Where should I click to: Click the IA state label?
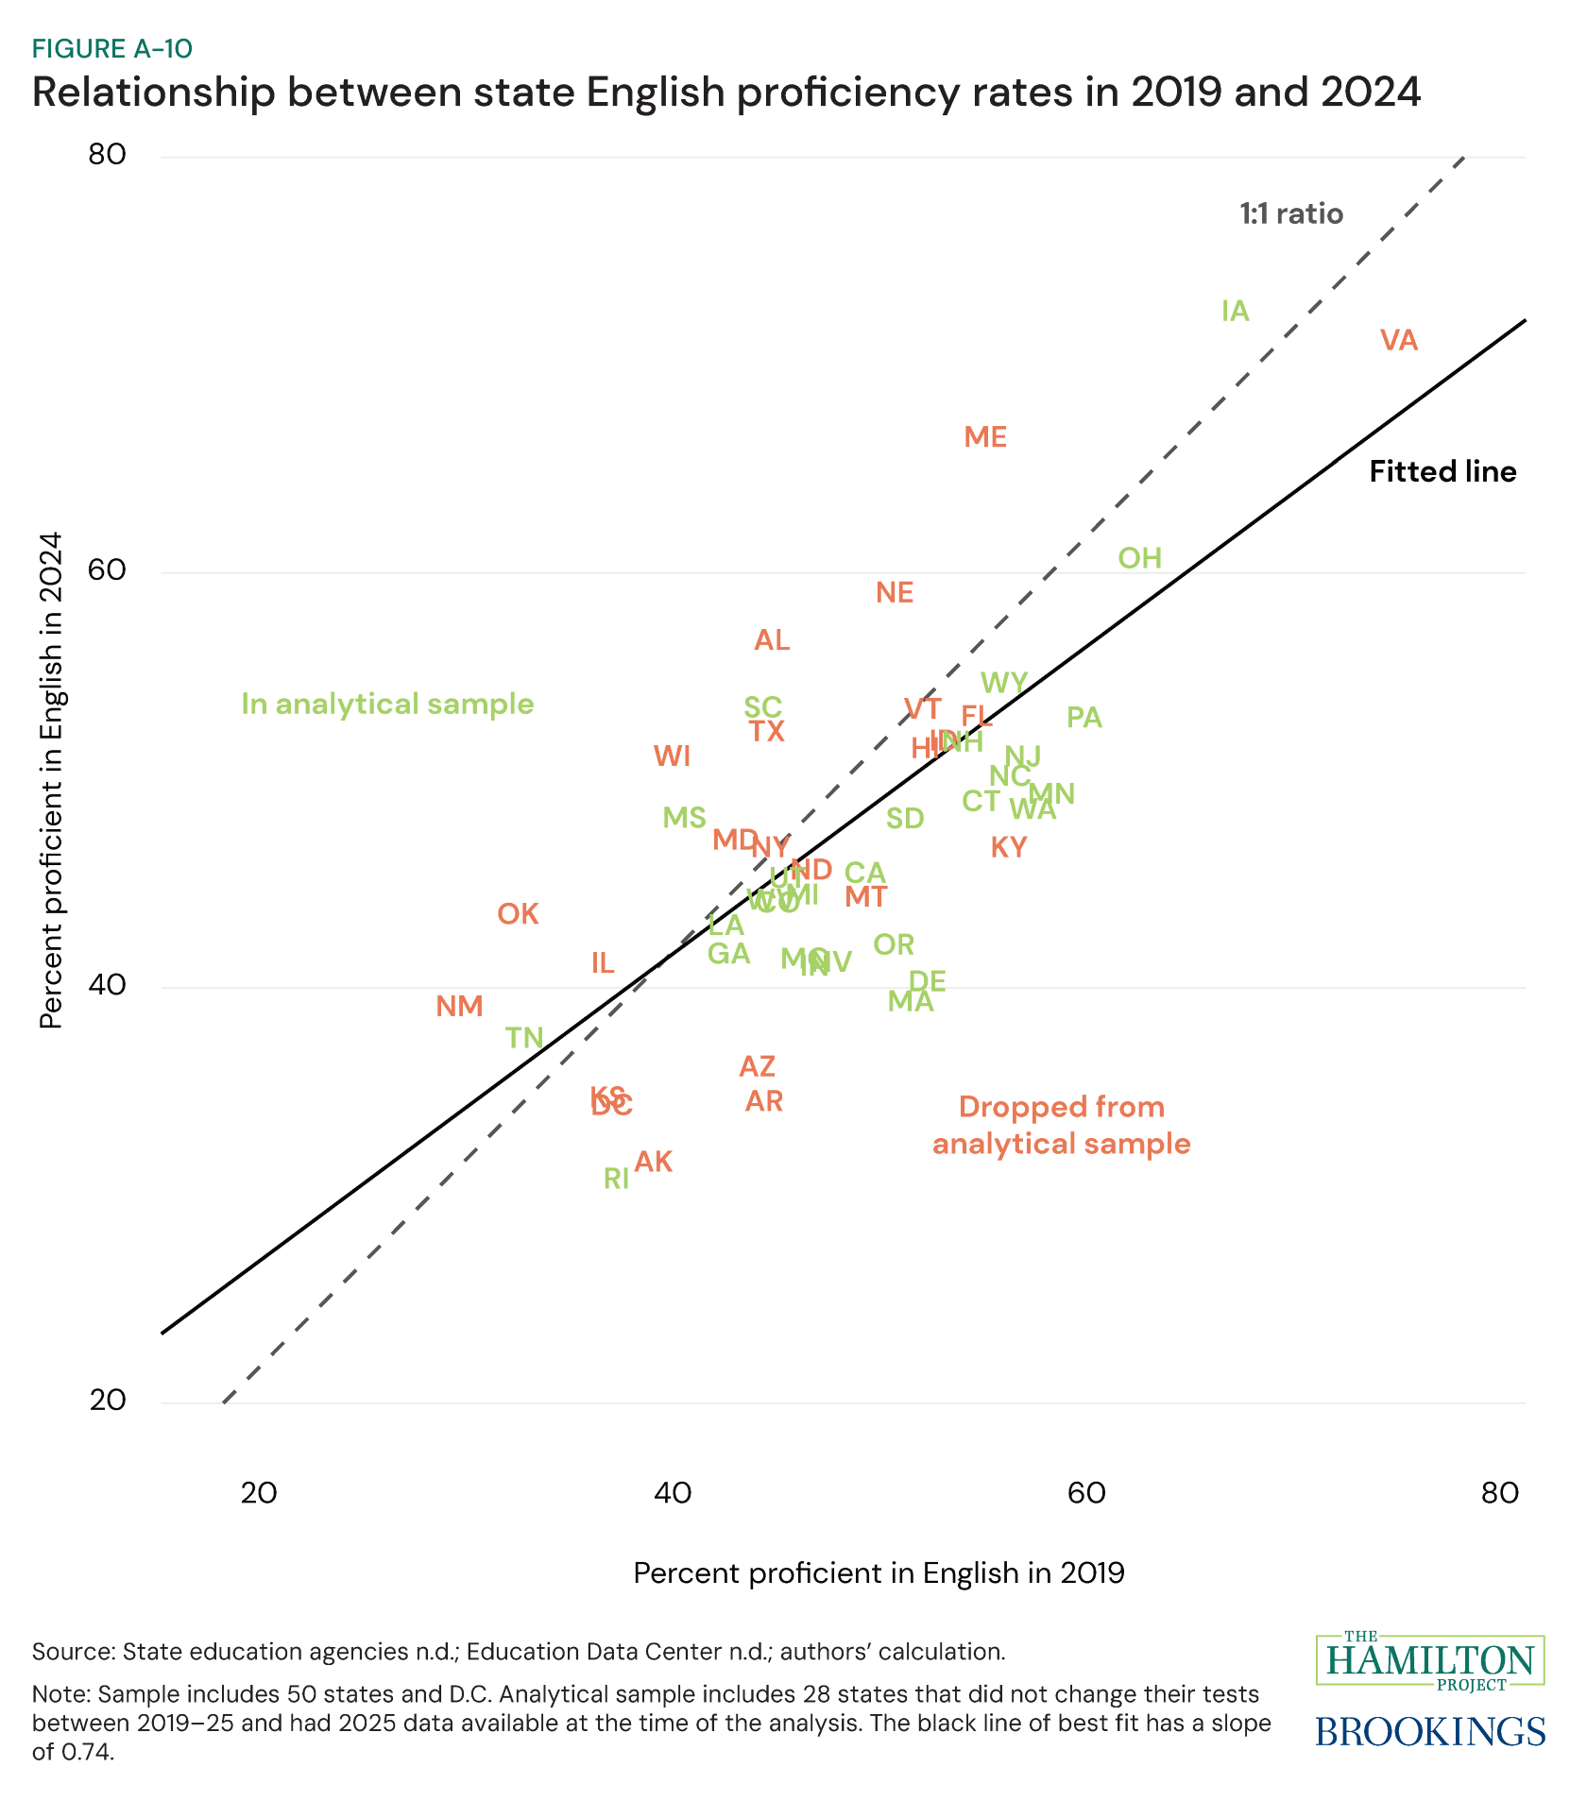point(1235,312)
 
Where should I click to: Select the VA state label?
point(1399,341)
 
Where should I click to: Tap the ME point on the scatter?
point(985,437)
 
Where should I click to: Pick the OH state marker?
point(1139,558)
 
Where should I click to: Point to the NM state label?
point(459,1007)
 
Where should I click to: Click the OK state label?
point(518,914)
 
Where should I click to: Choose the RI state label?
point(616,1179)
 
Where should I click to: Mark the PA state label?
point(1084,718)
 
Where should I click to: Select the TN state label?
point(524,1039)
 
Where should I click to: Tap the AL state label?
point(772,640)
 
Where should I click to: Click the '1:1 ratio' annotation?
point(1291,214)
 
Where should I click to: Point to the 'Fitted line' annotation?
point(1442,472)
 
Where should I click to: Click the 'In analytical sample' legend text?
point(387,705)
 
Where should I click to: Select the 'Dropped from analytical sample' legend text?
point(1061,1126)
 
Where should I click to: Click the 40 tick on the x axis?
point(672,1493)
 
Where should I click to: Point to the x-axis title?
point(879,1573)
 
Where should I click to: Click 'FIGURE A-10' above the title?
point(112,49)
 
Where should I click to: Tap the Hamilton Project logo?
point(1430,1660)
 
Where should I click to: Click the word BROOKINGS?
point(1430,1731)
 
